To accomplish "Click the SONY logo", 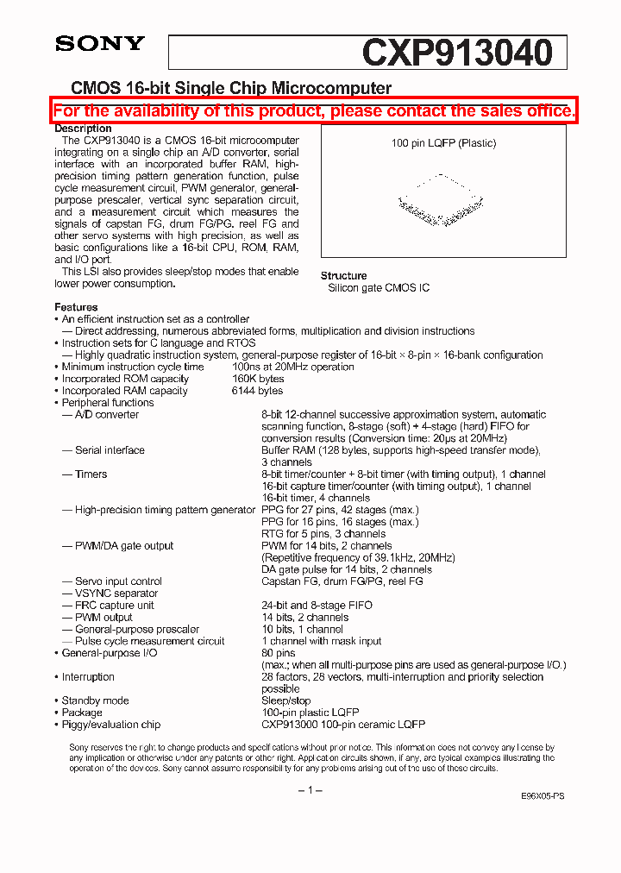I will click(x=100, y=43).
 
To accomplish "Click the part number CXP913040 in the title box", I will click(x=456, y=53).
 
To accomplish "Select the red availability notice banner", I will click(x=314, y=111).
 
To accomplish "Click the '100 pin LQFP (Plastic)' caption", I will click(x=443, y=143).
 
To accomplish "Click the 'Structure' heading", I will click(x=343, y=276).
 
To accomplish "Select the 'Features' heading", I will click(x=76, y=307).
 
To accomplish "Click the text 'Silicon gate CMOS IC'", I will click(x=379, y=288).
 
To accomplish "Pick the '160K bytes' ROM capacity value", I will click(x=258, y=379).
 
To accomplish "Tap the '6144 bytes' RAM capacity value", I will click(x=258, y=391).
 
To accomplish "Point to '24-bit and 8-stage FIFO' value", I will click(x=317, y=606).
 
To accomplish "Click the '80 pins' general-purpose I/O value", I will click(x=279, y=653).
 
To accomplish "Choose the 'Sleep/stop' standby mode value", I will click(x=286, y=700).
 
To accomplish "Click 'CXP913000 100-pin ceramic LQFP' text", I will click(x=343, y=725).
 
